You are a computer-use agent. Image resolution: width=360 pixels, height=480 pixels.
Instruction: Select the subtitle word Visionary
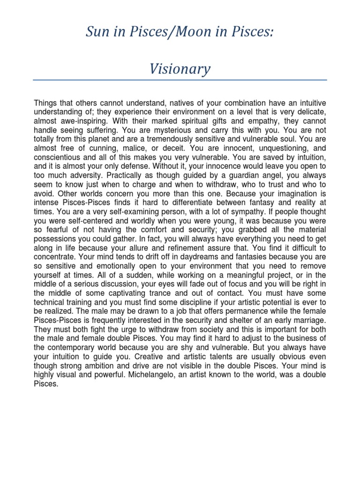coord(180,69)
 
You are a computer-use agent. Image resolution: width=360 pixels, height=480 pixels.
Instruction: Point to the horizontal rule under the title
coord(180,80)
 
